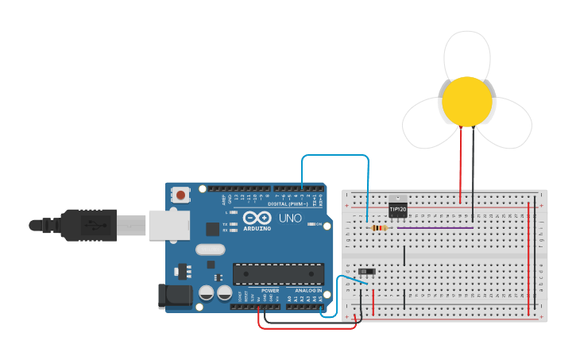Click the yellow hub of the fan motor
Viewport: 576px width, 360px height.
[x=466, y=101]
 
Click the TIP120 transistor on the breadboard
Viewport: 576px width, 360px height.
[x=397, y=208]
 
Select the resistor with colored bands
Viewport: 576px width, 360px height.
[x=380, y=229]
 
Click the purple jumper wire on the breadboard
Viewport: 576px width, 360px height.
[x=435, y=228]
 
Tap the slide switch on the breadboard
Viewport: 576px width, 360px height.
[x=366, y=272]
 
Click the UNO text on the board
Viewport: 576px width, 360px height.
[x=289, y=218]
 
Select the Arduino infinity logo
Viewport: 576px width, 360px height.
[x=257, y=218]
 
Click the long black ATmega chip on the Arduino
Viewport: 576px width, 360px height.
[x=278, y=273]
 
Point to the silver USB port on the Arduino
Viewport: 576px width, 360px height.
[x=168, y=224]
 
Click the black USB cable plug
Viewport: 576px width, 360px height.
[x=87, y=224]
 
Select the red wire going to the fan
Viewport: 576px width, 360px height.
[x=460, y=163]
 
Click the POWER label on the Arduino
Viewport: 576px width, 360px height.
[x=270, y=291]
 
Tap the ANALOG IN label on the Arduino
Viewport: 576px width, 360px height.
[x=309, y=291]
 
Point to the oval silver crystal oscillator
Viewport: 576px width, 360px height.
[x=211, y=249]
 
